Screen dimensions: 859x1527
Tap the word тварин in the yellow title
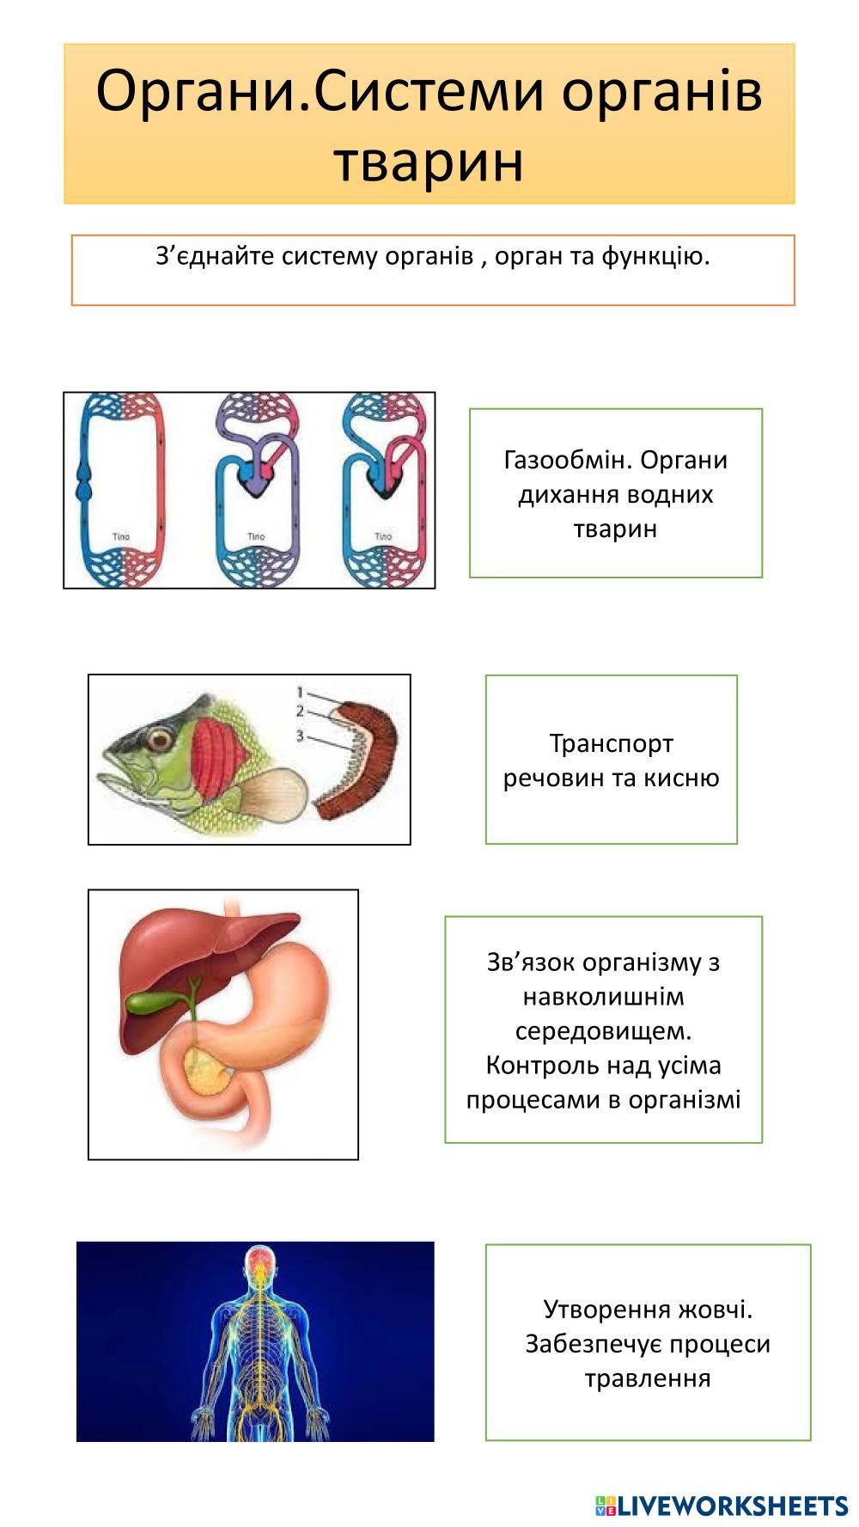tap(429, 161)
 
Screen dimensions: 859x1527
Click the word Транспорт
tap(611, 743)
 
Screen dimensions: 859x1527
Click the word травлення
tap(648, 1378)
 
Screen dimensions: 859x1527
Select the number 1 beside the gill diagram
tap(300, 692)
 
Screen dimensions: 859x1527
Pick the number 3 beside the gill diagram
tap(300, 736)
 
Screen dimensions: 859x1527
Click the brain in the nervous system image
tap(257, 1261)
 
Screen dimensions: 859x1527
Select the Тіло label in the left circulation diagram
tap(121, 537)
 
